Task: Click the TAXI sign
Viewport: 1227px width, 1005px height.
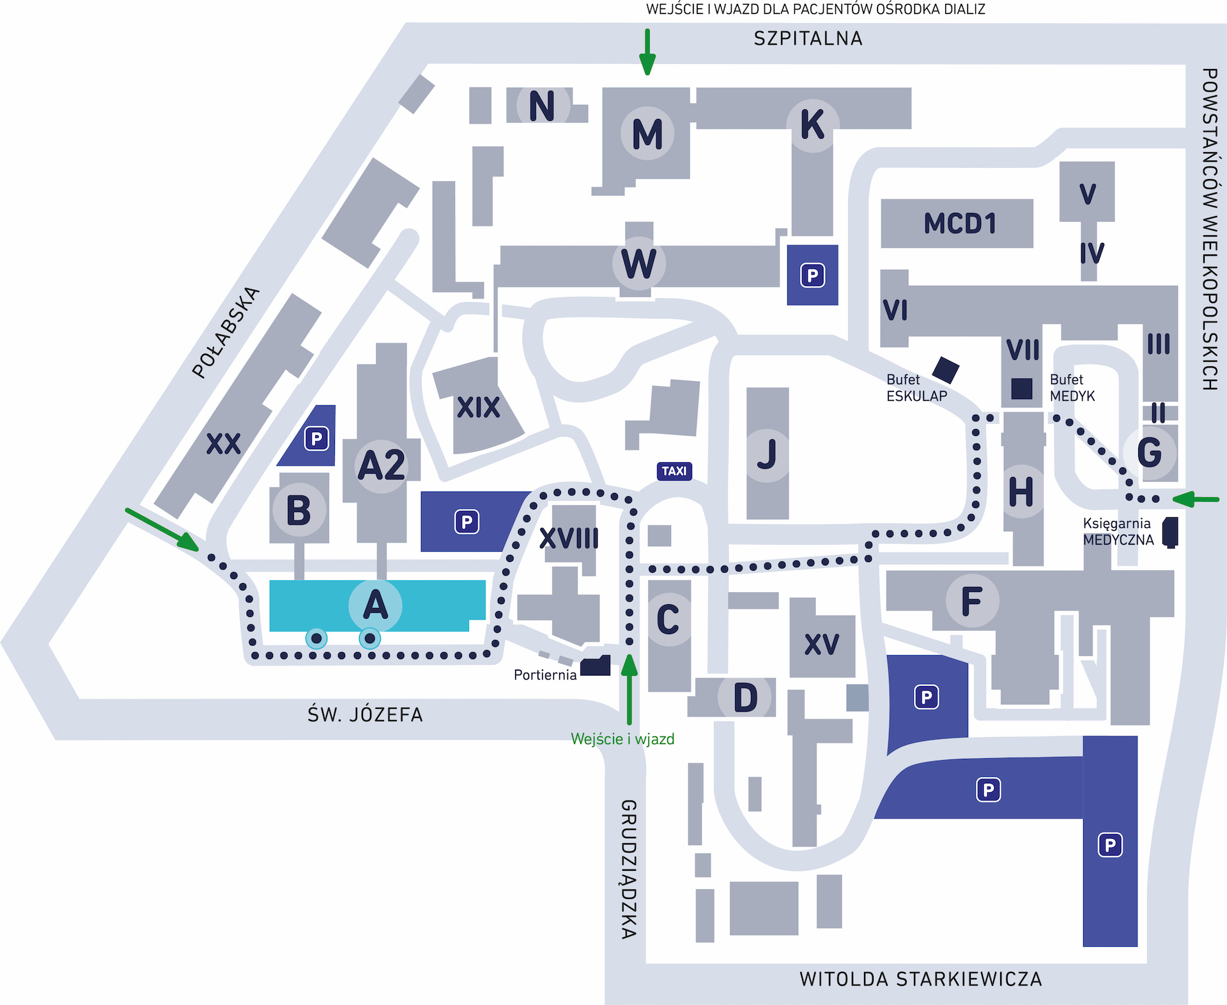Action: pyautogui.click(x=674, y=471)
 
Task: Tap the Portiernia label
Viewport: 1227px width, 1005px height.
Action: pyautogui.click(x=545, y=675)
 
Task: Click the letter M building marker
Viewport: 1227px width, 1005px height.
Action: pyautogui.click(x=647, y=134)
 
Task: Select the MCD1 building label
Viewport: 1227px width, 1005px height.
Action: pyautogui.click(x=960, y=224)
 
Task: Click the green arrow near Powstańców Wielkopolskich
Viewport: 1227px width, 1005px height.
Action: pyautogui.click(x=1196, y=499)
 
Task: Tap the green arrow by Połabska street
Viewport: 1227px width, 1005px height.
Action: pyautogui.click(x=162, y=529)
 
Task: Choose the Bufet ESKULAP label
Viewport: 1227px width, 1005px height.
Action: pyautogui.click(x=916, y=388)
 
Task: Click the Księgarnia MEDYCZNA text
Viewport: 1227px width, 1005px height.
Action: pyautogui.click(x=1118, y=532)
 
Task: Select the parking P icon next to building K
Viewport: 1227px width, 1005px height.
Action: pyautogui.click(x=812, y=276)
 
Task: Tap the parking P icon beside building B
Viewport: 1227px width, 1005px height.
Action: pyautogui.click(x=316, y=439)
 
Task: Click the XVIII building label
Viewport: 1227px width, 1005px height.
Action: pyautogui.click(x=569, y=538)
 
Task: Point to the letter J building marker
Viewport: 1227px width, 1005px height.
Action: pyautogui.click(x=767, y=454)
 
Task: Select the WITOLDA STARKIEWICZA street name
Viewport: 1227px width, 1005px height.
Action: pyautogui.click(x=920, y=979)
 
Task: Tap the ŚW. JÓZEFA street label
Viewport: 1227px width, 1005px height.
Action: pyautogui.click(x=365, y=715)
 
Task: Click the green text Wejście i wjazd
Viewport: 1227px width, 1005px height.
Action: pyautogui.click(x=622, y=739)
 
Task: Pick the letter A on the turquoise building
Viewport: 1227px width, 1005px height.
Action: pyautogui.click(x=375, y=605)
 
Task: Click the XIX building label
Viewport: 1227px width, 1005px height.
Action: pyautogui.click(x=478, y=407)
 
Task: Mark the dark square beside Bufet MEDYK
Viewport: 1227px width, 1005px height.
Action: pyautogui.click(x=1021, y=389)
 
